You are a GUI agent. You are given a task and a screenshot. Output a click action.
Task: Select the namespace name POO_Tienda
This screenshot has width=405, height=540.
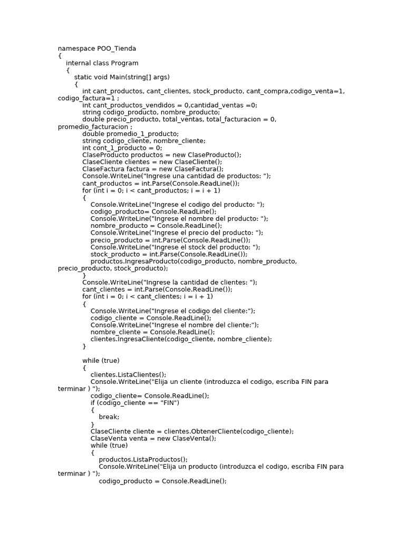click(x=116, y=49)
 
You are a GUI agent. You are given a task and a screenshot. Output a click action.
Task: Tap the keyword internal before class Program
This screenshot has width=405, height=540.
click(x=80, y=63)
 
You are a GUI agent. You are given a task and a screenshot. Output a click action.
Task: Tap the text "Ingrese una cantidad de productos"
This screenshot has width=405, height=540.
click(x=209, y=176)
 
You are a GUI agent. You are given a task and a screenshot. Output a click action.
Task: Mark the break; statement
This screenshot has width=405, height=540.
click(x=109, y=417)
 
